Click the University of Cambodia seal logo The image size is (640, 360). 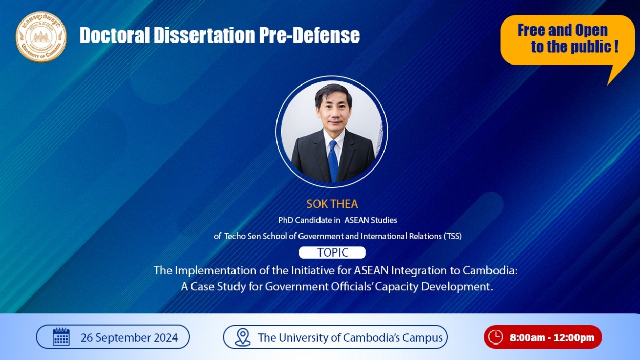(x=41, y=37)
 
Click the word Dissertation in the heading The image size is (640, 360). (x=204, y=35)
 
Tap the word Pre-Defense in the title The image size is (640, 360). (x=309, y=35)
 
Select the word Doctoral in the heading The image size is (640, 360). (x=115, y=35)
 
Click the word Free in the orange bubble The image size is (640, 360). (x=530, y=30)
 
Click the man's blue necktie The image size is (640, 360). (x=333, y=161)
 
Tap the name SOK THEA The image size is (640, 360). (x=332, y=204)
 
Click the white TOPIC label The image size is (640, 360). (x=332, y=252)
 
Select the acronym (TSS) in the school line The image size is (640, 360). (x=453, y=236)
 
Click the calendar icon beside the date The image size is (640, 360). (x=61, y=337)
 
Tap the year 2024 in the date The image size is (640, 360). (x=166, y=337)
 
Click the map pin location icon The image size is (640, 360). (x=243, y=337)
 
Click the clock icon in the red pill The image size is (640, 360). (x=496, y=337)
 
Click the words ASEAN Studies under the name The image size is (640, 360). (x=371, y=220)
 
